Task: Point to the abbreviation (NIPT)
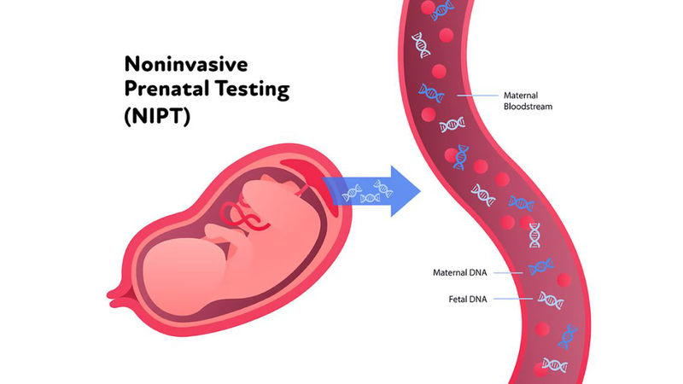point(157,114)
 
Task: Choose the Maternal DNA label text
point(460,273)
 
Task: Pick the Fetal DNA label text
point(467,299)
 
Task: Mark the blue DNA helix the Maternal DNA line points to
point(540,267)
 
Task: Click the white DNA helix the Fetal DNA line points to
point(549,300)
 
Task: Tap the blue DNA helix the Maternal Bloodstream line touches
point(431,93)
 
